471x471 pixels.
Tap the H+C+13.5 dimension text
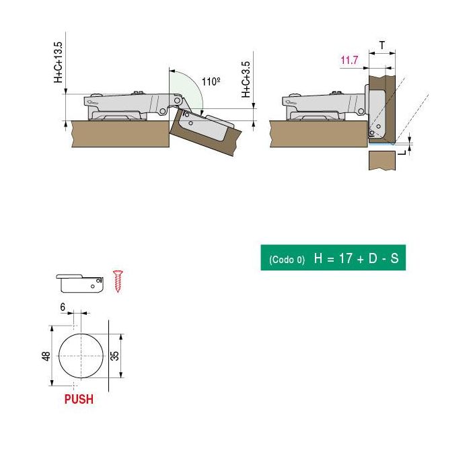pos(59,62)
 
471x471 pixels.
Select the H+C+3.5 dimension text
pos(247,79)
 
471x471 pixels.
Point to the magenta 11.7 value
pos(349,61)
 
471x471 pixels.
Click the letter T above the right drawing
pos(382,45)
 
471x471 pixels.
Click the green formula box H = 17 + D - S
pos(333,258)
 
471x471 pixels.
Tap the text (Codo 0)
pos(287,260)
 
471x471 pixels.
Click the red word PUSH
pos(79,399)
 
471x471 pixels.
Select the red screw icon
pos(118,281)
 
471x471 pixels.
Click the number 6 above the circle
pos(63,306)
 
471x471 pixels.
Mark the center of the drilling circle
pos(80,355)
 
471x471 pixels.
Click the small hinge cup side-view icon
pos(79,281)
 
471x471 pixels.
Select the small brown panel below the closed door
pos(382,161)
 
